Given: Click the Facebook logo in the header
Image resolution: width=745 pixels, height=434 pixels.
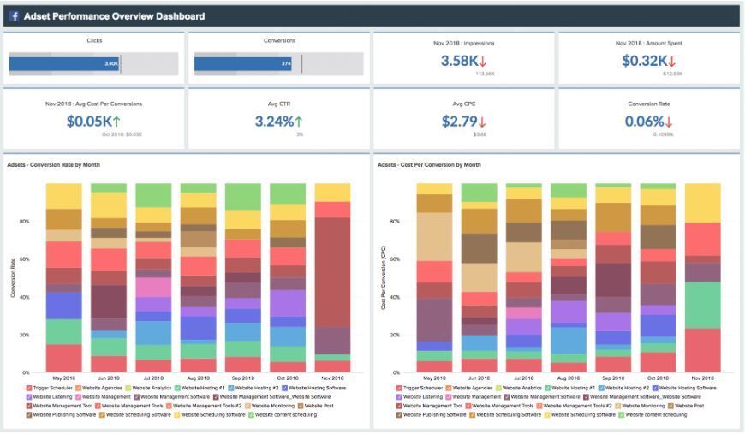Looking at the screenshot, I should pyautogui.click(x=15, y=16).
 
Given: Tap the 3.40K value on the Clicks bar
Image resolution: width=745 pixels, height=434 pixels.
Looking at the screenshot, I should pyautogui.click(x=111, y=63).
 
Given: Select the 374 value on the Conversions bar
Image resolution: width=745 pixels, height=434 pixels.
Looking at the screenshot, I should pyautogui.click(x=286, y=63).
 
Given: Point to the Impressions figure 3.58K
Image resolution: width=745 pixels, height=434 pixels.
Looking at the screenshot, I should pyautogui.click(x=459, y=61).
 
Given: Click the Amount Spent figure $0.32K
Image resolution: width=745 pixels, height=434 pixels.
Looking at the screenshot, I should pyautogui.click(x=643, y=61).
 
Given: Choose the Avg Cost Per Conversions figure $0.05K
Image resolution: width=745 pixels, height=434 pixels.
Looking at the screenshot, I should pyautogui.click(x=88, y=122).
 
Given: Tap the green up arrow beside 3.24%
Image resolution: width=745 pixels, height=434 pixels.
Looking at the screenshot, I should pyautogui.click(x=300, y=122).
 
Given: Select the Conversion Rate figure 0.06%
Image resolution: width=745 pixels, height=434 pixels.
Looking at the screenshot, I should pyautogui.click(x=643, y=122).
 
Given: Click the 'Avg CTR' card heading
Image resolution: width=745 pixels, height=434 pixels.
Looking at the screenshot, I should pyautogui.click(x=279, y=104).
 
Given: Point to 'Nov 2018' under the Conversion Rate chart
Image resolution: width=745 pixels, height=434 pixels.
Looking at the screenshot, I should pyautogui.click(x=332, y=378).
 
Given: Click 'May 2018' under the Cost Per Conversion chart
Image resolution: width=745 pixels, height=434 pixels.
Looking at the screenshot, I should pyautogui.click(x=434, y=378).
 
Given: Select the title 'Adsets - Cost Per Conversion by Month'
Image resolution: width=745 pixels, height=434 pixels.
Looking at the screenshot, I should pyautogui.click(x=430, y=164).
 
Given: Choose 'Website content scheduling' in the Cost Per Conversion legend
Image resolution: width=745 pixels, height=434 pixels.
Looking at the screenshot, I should pyautogui.click(x=656, y=414).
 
